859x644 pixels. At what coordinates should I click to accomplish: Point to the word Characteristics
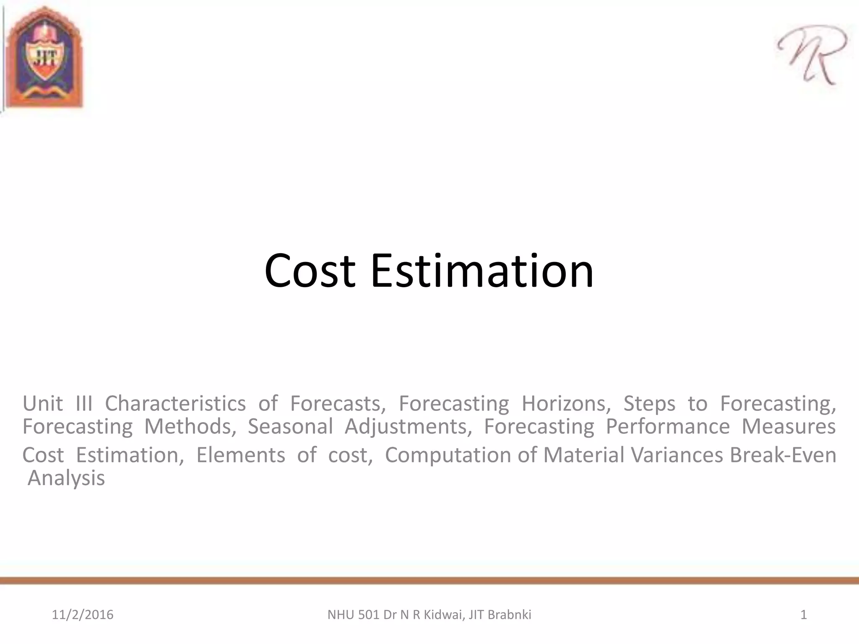pos(175,403)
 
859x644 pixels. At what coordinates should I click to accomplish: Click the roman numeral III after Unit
pos(84,403)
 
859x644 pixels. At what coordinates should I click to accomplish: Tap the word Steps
pos(649,404)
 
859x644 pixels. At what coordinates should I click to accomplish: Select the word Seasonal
pos(290,426)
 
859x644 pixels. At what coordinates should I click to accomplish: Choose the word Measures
pos(789,426)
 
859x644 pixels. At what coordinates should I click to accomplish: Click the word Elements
pos(240,455)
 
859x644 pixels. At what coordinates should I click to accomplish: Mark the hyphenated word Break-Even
pos(783,455)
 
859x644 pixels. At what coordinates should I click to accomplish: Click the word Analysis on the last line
pos(66,478)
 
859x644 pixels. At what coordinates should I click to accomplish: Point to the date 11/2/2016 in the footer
pos(83,615)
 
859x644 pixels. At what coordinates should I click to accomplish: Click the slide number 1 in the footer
pos(804,615)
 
